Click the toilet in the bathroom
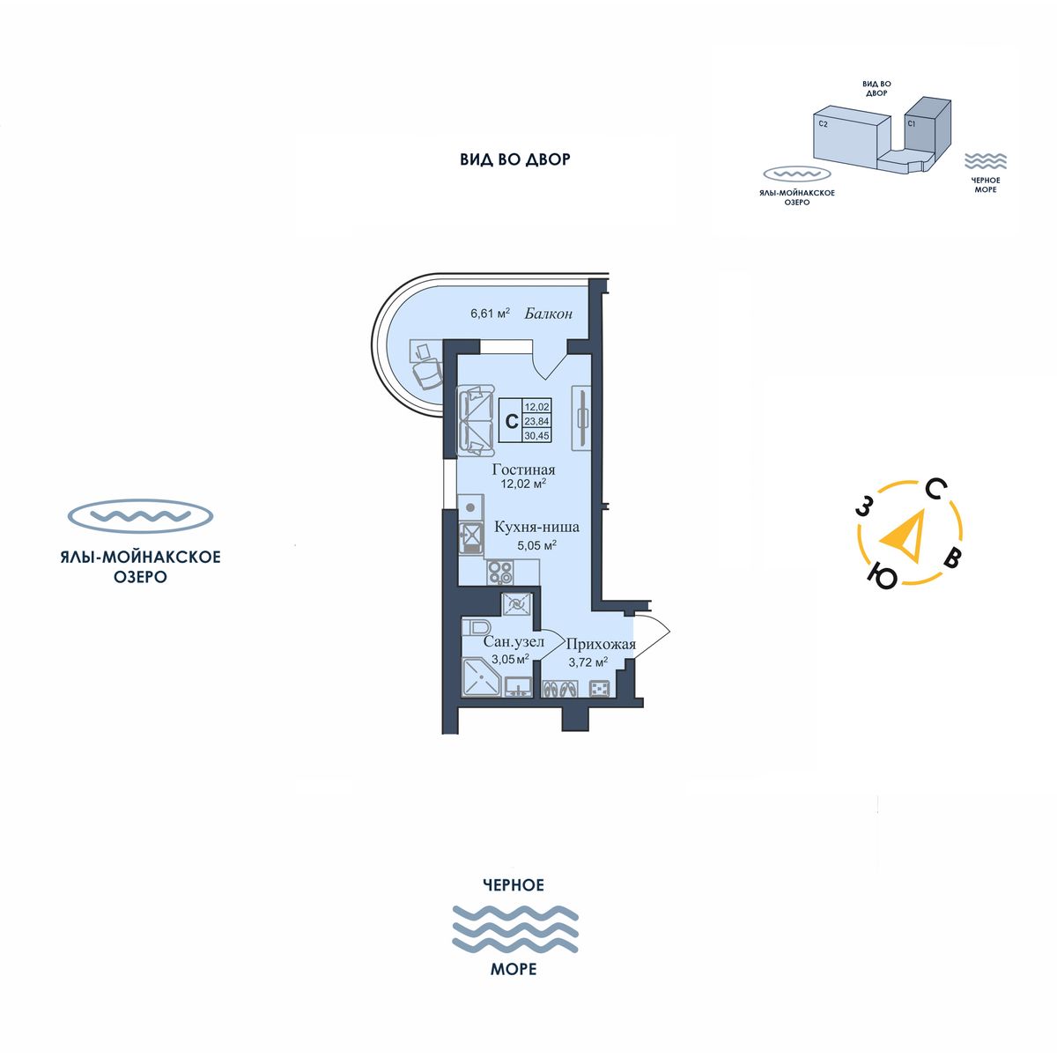click(477, 627)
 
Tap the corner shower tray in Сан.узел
click(481, 678)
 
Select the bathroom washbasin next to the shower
click(517, 685)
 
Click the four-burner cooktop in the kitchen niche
click(500, 573)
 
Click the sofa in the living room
click(477, 422)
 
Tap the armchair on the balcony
click(428, 373)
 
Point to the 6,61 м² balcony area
click(491, 313)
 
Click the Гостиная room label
click(523, 469)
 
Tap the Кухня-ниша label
click(536, 527)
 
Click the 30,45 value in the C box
click(536, 434)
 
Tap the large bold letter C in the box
click(510, 421)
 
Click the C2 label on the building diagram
click(823, 125)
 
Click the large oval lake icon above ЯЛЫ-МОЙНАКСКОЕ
click(141, 516)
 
